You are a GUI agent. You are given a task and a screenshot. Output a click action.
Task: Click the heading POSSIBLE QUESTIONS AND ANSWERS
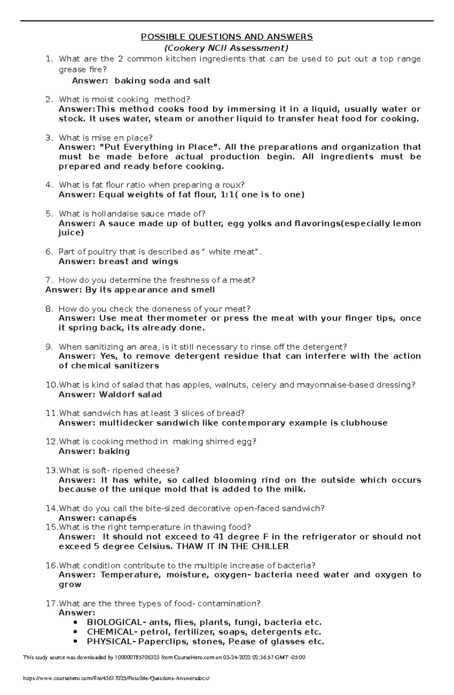point(227,37)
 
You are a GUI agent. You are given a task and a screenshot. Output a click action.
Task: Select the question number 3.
point(48,138)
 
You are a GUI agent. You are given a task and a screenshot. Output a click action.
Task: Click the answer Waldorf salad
point(130,395)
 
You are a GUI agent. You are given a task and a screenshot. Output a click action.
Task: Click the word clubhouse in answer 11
point(364,423)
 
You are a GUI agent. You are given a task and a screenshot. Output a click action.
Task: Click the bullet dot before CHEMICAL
point(76,632)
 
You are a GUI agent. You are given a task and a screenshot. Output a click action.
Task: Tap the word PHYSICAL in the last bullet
point(109,642)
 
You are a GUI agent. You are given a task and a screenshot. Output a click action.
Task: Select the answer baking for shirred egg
point(114,451)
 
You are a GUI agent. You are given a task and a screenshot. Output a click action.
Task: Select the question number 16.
point(51,566)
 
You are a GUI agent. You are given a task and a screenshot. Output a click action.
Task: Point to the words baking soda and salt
point(162,81)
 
